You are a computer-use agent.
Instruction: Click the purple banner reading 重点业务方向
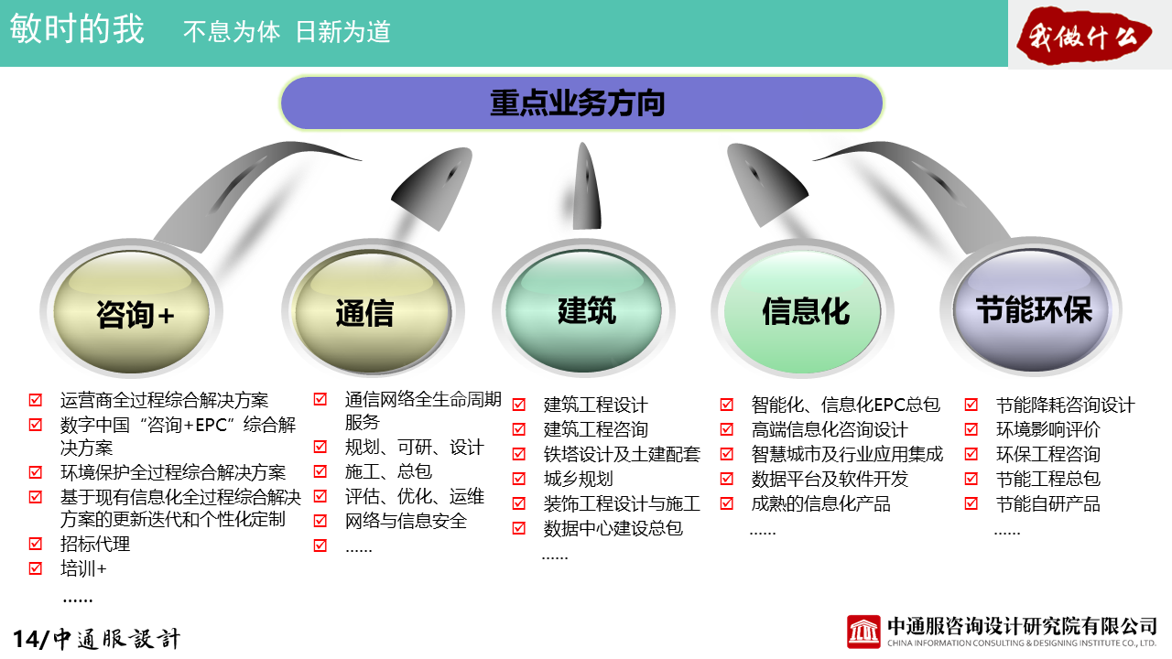tap(581, 103)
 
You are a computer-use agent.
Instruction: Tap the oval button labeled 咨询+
tap(131, 312)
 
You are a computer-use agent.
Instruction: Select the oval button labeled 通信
tap(373, 312)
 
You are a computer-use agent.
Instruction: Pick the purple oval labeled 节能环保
tap(1032, 310)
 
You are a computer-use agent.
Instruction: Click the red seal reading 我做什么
tap(1083, 36)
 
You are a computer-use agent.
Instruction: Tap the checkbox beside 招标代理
tap(36, 544)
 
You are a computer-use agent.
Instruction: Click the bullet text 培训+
tap(83, 568)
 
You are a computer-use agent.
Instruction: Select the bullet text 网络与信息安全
tap(406, 521)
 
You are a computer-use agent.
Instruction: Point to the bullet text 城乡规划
tap(578, 479)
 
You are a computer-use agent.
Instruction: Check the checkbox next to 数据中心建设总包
tap(519, 528)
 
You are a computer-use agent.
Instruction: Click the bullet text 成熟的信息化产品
tap(821, 503)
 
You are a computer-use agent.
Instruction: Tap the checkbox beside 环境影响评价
tap(971, 429)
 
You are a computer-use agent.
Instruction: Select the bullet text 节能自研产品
tap(1048, 503)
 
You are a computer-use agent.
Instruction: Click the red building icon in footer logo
tap(863, 632)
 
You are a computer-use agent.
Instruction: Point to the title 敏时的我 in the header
tap(77, 28)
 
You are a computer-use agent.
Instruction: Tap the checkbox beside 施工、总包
tap(320, 471)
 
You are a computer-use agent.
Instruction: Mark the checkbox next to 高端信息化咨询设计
tap(727, 429)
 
